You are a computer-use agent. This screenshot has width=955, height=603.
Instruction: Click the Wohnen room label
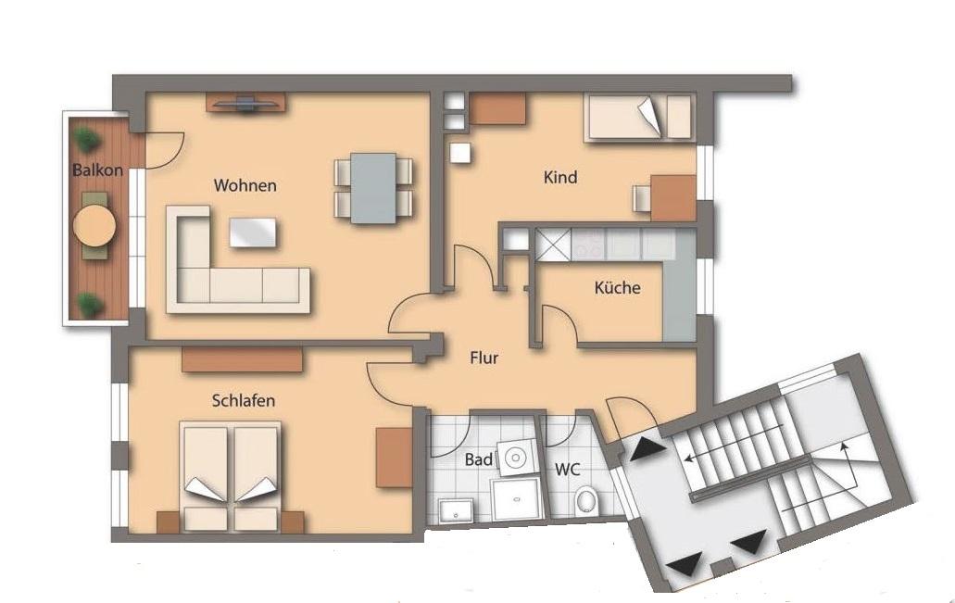point(245,185)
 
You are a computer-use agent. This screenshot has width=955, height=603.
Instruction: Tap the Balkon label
point(97,170)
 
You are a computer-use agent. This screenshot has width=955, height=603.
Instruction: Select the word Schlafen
point(243,400)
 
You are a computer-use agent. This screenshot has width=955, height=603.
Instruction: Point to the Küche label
point(617,287)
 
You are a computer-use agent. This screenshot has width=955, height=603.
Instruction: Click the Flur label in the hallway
point(484,358)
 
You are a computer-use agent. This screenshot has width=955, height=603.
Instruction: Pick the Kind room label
point(560,177)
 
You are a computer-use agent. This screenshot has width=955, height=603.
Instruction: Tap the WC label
point(567,470)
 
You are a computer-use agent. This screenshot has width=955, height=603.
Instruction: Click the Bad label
point(479,459)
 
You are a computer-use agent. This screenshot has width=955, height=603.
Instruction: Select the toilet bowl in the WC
point(586,501)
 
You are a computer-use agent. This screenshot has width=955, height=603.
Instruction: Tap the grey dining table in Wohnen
point(373,188)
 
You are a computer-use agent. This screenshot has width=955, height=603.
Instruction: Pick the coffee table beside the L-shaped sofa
point(252,232)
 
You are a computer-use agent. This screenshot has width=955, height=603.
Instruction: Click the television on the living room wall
point(246,104)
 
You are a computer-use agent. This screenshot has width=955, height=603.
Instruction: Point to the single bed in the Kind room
point(639,117)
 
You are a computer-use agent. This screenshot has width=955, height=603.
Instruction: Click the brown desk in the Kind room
point(673,197)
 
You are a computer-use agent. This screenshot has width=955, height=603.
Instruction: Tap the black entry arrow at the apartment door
point(647,449)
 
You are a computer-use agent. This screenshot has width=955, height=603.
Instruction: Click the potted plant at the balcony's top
point(88,140)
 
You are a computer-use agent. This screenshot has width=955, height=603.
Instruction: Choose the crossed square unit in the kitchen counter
point(552,245)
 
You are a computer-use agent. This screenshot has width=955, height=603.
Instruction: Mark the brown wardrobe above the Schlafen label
point(243,359)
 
